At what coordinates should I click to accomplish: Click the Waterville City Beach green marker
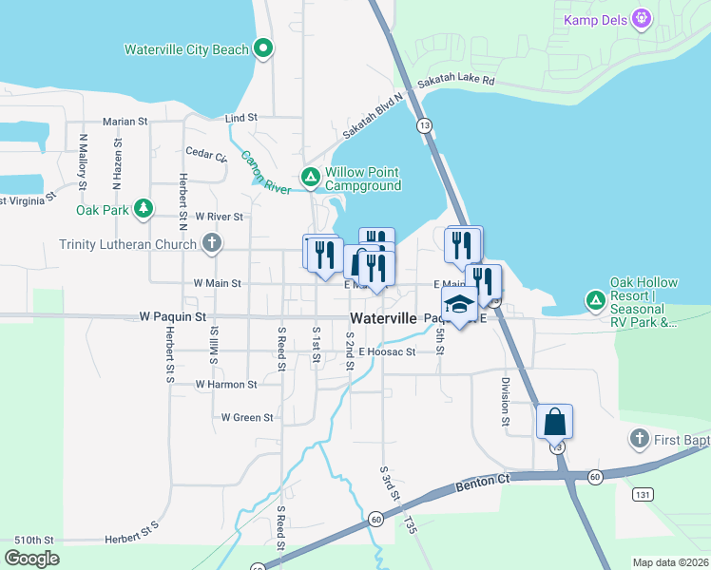pyautogui.click(x=264, y=48)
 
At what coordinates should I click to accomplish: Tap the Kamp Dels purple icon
pyautogui.click(x=643, y=18)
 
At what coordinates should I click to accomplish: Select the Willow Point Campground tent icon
pyautogui.click(x=310, y=177)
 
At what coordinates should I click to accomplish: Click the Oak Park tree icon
pyautogui.click(x=143, y=208)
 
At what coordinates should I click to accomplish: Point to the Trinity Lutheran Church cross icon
pyautogui.click(x=212, y=243)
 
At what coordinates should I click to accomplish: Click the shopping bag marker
pyautogui.click(x=554, y=421)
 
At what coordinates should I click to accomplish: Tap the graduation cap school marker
pyautogui.click(x=459, y=306)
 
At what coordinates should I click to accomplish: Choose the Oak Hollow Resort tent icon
pyautogui.click(x=596, y=300)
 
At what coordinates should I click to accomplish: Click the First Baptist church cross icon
pyautogui.click(x=639, y=439)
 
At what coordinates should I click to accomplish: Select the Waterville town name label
pyautogui.click(x=383, y=318)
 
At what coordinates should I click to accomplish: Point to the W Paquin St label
pyautogui.click(x=172, y=315)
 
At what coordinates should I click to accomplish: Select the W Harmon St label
pyautogui.click(x=226, y=385)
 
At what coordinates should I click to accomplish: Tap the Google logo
pyautogui.click(x=31, y=559)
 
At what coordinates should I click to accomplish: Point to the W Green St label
pyautogui.click(x=247, y=417)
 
